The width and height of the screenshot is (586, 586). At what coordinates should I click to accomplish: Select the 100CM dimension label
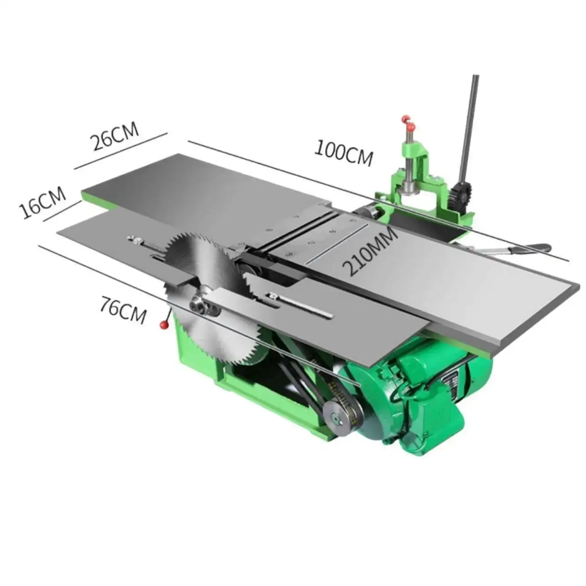pyautogui.click(x=344, y=153)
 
